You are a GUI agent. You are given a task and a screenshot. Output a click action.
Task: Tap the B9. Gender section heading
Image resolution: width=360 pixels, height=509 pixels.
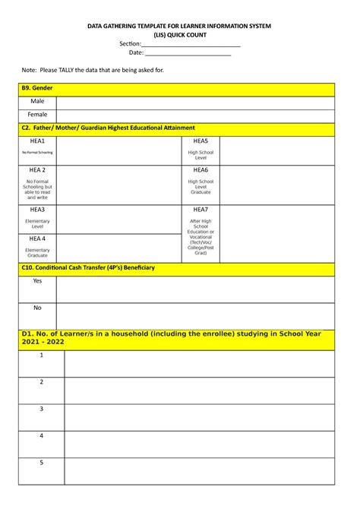coord(37,89)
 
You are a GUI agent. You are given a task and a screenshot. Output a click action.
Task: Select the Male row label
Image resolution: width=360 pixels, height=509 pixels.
coord(37,101)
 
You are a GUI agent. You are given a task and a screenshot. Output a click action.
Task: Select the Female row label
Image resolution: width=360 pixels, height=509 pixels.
coord(37,115)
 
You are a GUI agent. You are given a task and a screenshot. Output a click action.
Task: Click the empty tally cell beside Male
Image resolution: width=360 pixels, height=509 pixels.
coord(194,102)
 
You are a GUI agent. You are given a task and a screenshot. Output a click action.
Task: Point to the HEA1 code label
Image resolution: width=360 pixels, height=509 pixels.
coord(37,141)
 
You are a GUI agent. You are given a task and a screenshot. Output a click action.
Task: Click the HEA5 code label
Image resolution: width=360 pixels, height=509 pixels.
coord(201,141)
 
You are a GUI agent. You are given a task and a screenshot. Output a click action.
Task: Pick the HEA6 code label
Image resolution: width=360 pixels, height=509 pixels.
coord(201,170)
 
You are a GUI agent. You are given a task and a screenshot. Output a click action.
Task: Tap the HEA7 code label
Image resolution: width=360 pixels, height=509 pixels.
coord(201,210)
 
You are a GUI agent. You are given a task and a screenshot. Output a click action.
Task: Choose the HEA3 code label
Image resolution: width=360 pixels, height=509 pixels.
coord(37,210)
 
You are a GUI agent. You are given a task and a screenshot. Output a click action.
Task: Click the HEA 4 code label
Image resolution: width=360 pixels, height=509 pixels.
coord(37,239)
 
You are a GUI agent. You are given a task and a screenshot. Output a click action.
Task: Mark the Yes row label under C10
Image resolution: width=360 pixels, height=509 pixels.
coord(37,280)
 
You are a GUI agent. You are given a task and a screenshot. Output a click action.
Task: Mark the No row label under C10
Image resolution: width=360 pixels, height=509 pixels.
coord(37,308)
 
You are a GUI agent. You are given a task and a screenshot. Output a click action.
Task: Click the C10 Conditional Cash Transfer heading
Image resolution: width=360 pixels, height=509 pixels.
coord(88,267)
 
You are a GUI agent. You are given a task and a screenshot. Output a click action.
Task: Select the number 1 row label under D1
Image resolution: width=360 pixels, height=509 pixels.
coord(42,355)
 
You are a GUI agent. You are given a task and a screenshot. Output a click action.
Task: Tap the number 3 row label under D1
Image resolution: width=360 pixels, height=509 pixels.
coord(42,409)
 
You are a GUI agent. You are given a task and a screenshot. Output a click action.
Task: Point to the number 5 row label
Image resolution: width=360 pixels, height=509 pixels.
coord(42,462)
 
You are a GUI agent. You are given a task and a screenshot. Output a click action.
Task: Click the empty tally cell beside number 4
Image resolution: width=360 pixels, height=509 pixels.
coord(199,444)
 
